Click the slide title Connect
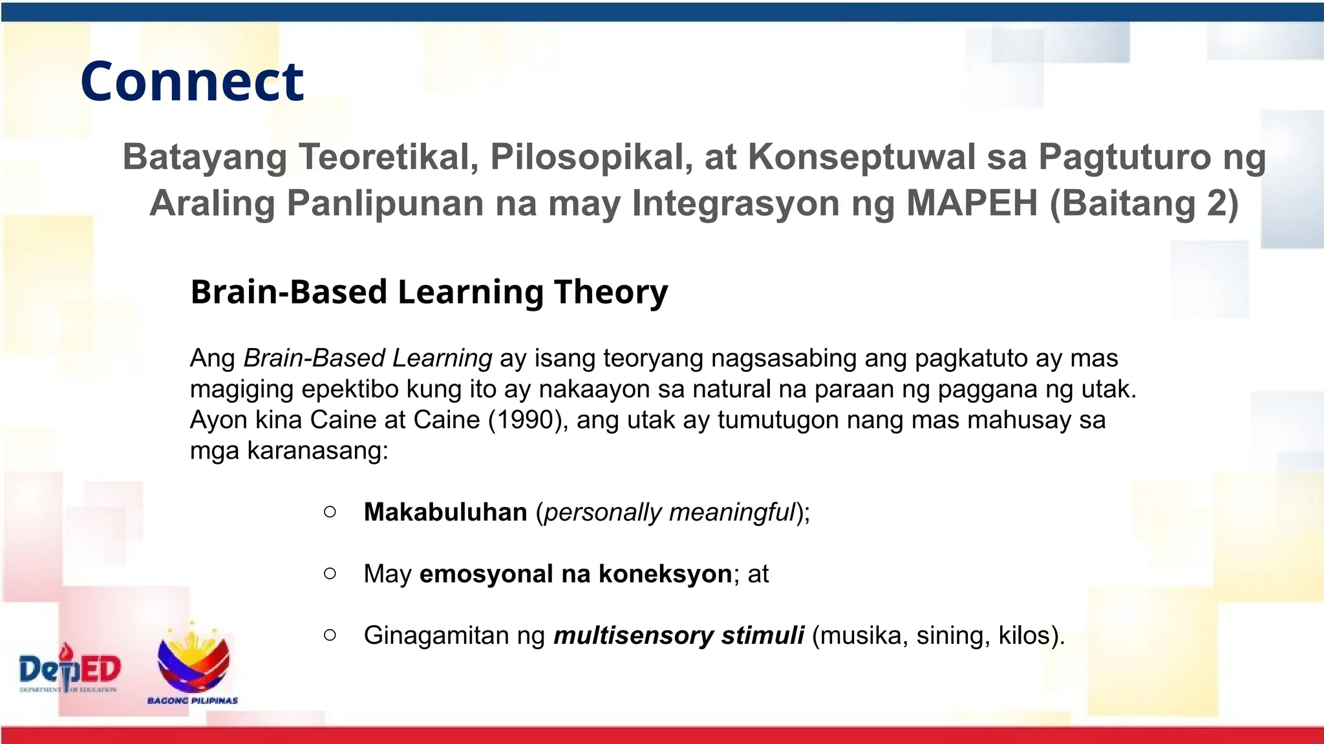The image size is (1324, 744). pyautogui.click(x=192, y=81)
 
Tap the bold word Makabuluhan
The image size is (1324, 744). pyautogui.click(x=445, y=512)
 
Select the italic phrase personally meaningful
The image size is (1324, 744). pyautogui.click(x=669, y=512)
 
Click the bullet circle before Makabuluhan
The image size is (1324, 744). pyautogui.click(x=330, y=512)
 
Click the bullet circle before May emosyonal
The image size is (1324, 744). pyautogui.click(x=330, y=573)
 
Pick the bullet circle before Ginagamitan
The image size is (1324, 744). pyautogui.click(x=330, y=635)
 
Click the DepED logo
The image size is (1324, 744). pyautogui.click(x=69, y=669)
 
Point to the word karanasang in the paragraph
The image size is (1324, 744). pyautogui.click(x=316, y=451)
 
